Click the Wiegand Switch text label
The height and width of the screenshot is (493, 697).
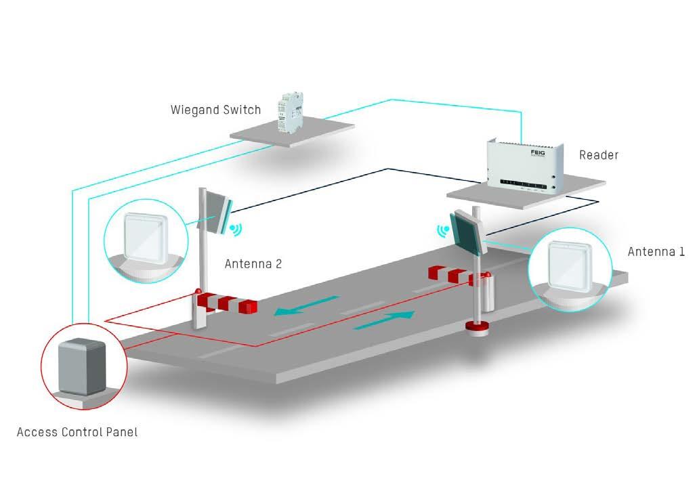pos(215,110)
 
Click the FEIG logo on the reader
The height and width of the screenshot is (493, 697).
pos(537,154)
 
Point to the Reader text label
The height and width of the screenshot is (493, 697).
pos(599,155)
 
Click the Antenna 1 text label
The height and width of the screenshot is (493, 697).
pos(656,252)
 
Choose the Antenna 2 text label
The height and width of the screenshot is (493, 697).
pos(253,264)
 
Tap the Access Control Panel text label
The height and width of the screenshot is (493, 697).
pos(77,431)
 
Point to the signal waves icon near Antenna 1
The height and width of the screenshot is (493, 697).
pos(444,231)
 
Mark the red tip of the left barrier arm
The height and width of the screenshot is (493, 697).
pos(249,307)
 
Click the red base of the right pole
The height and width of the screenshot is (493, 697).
pos(477,330)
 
